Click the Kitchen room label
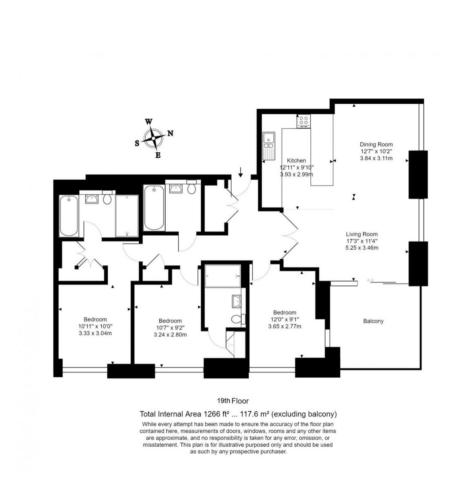point(296,160)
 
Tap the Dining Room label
point(376,144)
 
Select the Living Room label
point(361,234)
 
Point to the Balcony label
point(373,321)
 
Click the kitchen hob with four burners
point(303,121)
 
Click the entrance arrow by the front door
point(241,172)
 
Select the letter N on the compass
point(171,133)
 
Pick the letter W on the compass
point(149,122)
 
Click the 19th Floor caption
point(233,401)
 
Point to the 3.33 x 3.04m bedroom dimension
point(95,333)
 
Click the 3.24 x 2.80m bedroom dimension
point(170,335)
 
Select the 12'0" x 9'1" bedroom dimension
point(284,319)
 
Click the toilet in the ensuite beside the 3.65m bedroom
point(237,319)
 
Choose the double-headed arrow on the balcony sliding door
point(370,280)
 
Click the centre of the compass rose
point(153,138)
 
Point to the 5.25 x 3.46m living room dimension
point(361,248)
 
